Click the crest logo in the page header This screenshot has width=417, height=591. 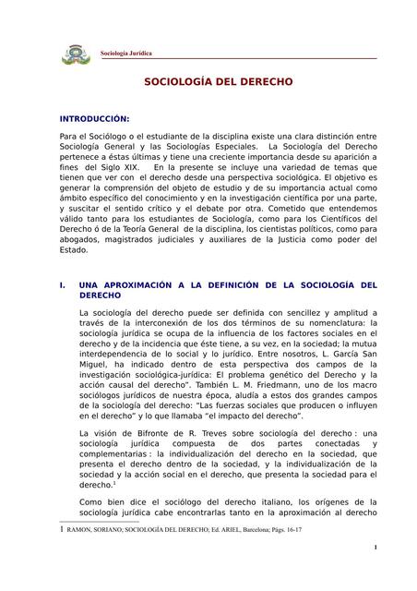75,53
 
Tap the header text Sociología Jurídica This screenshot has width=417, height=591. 126,53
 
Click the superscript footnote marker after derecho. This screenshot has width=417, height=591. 113,481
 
